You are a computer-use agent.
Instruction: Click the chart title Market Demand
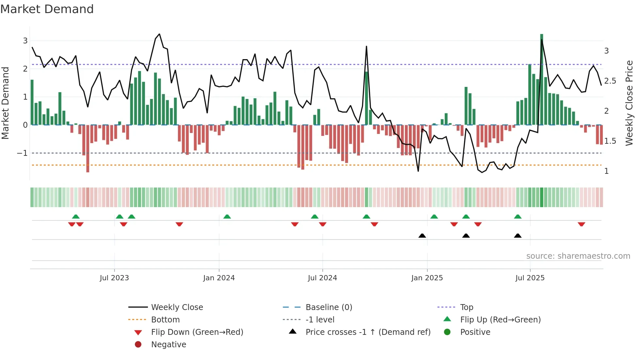coord(47,9)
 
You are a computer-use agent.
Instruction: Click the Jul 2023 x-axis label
coord(114,278)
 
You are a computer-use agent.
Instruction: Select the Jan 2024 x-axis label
coord(219,278)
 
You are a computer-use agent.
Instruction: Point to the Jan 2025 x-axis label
coord(427,278)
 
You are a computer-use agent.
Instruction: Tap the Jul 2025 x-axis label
coord(530,278)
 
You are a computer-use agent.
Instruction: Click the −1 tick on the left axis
coord(22,153)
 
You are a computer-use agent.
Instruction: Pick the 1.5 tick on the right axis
coord(610,141)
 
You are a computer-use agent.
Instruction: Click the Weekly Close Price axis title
coord(629,103)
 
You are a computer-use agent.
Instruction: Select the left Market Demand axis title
coord(5,103)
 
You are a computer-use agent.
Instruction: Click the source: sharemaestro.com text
coord(578,256)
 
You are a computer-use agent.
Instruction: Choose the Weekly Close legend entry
coord(177,307)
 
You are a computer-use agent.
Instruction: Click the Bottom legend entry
coord(165,320)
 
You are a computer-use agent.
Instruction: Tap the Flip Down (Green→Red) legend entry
coord(197,332)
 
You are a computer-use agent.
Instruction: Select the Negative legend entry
coord(168,345)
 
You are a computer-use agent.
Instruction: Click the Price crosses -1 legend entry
coord(368,332)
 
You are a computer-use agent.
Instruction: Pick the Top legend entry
coord(467,307)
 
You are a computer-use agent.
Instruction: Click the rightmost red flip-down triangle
coord(581,224)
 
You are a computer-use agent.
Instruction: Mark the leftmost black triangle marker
coord(422,236)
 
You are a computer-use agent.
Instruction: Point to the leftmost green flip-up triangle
coord(76,217)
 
